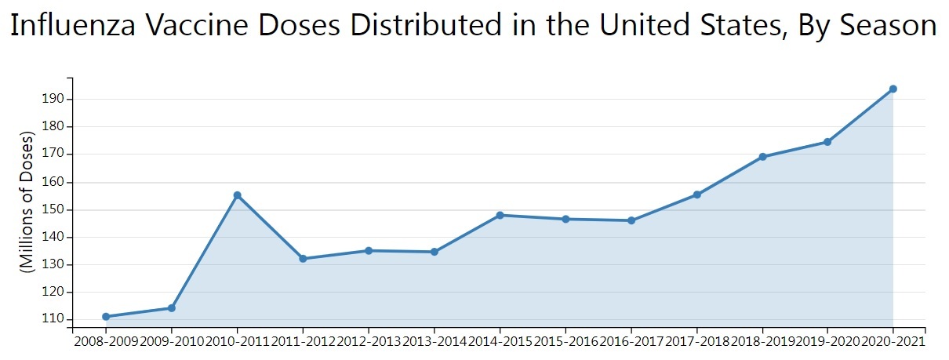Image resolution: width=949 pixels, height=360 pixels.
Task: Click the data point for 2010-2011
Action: pyautogui.click(x=237, y=195)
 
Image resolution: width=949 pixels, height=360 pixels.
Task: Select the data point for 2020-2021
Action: pyautogui.click(x=893, y=89)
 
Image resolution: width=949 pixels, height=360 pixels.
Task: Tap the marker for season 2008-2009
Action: pyautogui.click(x=106, y=317)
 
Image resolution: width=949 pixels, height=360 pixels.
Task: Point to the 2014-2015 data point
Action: pyautogui.click(x=500, y=215)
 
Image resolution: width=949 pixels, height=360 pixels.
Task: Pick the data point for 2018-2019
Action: pyautogui.click(x=762, y=157)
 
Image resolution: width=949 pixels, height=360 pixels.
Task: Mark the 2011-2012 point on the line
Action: pyautogui.click(x=303, y=259)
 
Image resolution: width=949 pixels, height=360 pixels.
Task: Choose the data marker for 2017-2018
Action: pyautogui.click(x=696, y=195)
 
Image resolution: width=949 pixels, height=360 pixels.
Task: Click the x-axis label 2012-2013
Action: pyautogui.click(x=368, y=342)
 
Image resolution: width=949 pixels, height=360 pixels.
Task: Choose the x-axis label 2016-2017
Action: pyautogui.click(x=631, y=342)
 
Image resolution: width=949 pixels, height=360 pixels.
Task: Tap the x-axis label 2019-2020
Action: pyautogui.click(x=827, y=342)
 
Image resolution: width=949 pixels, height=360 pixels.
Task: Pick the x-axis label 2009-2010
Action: pyautogui.click(x=171, y=342)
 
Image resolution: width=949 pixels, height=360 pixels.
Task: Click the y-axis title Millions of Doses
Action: pyautogui.click(x=28, y=202)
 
